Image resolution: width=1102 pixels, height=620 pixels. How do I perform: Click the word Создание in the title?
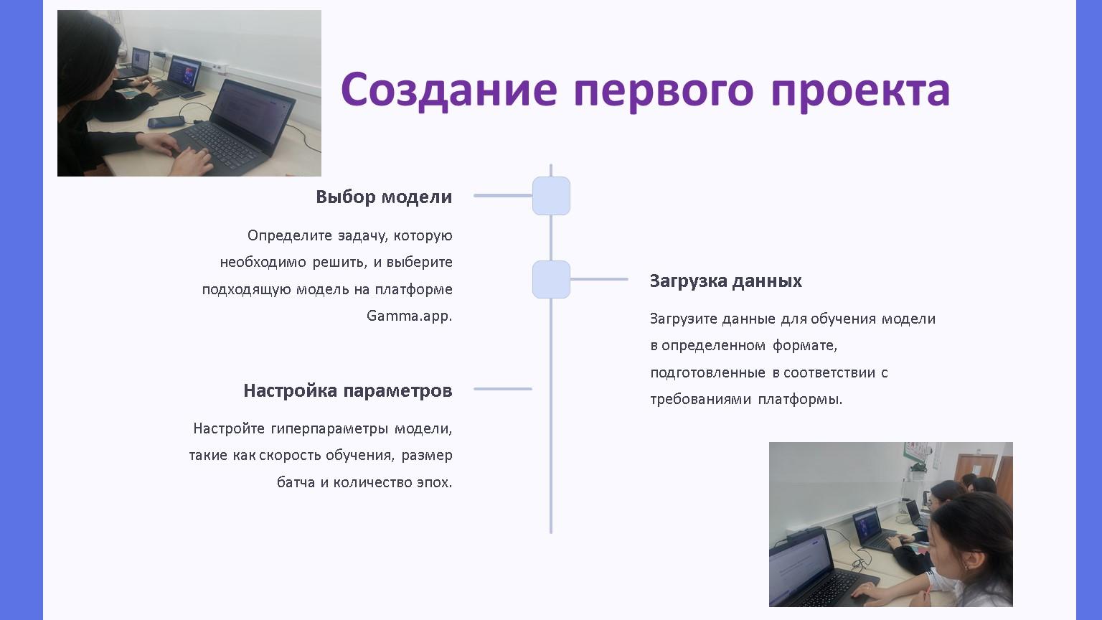coord(448,90)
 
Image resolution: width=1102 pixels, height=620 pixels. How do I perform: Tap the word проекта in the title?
coord(860,92)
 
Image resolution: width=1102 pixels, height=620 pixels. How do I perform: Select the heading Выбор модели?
coord(384,197)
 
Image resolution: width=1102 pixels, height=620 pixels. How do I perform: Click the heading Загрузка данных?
coord(725,281)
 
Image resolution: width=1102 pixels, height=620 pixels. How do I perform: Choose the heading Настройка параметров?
coord(348,390)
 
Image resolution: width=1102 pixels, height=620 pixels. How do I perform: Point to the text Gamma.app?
coord(410,316)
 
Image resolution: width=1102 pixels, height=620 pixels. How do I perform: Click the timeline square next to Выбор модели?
coord(551,196)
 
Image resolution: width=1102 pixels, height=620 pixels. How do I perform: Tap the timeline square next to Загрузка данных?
coord(551,279)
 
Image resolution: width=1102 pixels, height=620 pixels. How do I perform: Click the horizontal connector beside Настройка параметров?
coord(502,389)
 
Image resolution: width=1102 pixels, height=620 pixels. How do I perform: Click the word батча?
coord(296,482)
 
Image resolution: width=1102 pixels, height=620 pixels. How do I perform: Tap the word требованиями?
coord(700,399)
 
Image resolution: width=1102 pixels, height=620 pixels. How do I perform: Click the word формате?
coord(805,345)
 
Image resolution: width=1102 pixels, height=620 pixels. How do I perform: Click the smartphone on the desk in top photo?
coord(166,122)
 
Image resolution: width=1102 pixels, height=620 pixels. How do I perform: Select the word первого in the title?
coord(664,92)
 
